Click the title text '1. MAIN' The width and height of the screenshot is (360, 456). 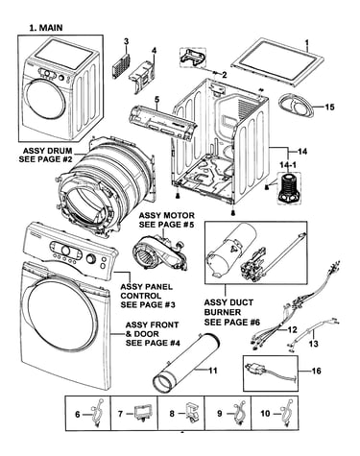46,28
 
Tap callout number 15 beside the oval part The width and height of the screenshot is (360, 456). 329,107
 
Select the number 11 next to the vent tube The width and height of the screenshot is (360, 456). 213,371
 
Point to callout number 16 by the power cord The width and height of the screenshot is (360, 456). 317,371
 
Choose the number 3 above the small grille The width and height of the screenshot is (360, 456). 127,41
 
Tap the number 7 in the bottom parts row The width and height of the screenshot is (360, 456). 120,414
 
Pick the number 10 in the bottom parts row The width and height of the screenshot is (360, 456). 265,414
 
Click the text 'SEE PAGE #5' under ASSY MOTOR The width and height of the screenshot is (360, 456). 166,225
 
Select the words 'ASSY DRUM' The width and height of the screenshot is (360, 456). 47,151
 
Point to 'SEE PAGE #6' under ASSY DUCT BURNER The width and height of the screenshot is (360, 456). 232,322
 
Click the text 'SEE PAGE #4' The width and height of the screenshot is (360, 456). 153,343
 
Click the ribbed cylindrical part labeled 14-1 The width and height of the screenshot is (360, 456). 287,188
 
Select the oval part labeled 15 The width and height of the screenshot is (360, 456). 297,107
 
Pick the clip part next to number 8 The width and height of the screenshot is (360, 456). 191,414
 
